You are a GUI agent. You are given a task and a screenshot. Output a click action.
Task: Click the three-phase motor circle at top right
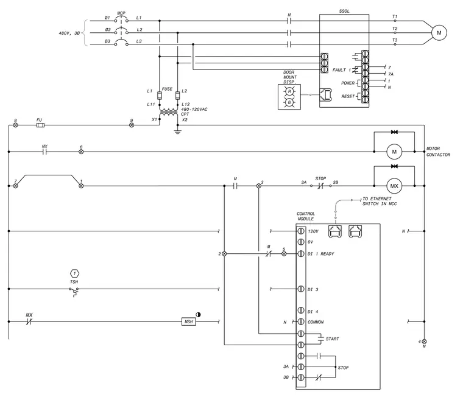tap(439, 33)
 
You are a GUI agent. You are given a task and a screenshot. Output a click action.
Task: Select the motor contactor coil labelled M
tap(394, 152)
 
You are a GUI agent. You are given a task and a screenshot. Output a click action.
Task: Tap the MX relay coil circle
tap(394, 186)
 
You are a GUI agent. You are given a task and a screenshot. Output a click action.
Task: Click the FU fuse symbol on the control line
tap(40, 125)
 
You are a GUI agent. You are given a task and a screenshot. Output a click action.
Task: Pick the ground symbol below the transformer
tap(177, 132)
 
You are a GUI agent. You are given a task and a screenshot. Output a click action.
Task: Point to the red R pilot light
tap(289, 92)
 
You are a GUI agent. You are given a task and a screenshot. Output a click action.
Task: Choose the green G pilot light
tap(289, 102)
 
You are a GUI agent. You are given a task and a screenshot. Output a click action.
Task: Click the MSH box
tap(188, 321)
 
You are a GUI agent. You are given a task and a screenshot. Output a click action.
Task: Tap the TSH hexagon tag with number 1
tap(74, 273)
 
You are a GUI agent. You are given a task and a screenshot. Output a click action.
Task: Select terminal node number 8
tap(15, 125)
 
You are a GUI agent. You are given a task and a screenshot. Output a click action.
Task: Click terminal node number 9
tap(132, 125)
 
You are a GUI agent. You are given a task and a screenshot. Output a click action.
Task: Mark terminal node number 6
tap(81, 152)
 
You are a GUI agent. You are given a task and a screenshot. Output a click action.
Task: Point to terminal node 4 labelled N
tap(425, 342)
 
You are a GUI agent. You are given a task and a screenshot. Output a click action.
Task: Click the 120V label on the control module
tap(313, 231)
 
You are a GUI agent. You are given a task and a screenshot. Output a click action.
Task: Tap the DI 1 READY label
tap(320, 254)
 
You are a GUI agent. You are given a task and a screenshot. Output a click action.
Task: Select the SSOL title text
tap(344, 11)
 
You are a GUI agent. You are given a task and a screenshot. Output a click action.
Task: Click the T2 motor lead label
tap(395, 29)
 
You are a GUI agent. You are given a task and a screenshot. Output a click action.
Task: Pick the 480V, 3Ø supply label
tap(69, 33)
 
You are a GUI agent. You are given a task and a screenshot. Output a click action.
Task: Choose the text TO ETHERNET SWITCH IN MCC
tap(380, 202)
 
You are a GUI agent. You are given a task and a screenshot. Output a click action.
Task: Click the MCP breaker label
tap(121, 13)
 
